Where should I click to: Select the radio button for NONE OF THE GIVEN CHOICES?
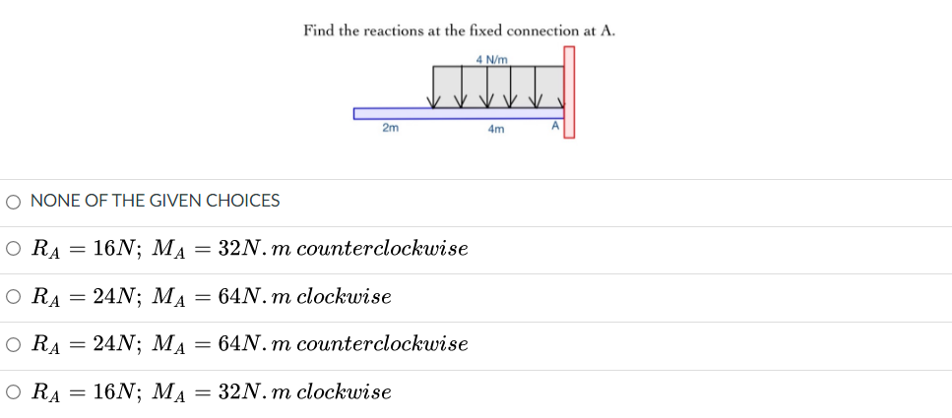pyautogui.click(x=13, y=202)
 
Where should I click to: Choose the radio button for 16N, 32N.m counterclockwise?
pyautogui.click(x=13, y=248)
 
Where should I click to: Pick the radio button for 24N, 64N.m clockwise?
pyautogui.click(x=13, y=296)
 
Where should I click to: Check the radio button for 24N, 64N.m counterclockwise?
pyautogui.click(x=13, y=344)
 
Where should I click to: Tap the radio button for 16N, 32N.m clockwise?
pyautogui.click(x=13, y=392)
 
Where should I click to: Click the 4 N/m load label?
pyautogui.click(x=491, y=59)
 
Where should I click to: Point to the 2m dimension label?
pyautogui.click(x=390, y=128)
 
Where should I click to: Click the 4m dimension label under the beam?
pyautogui.click(x=495, y=129)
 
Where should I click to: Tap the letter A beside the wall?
pyautogui.click(x=554, y=126)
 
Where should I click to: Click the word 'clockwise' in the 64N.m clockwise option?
pyautogui.click(x=344, y=296)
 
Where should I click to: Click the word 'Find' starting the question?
pyautogui.click(x=319, y=30)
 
